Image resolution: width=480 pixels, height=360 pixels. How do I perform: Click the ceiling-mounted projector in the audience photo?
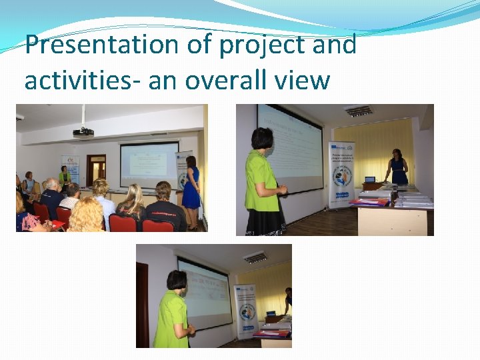pyautogui.click(x=83, y=131)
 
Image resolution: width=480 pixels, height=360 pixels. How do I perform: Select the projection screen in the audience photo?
pyautogui.click(x=149, y=163)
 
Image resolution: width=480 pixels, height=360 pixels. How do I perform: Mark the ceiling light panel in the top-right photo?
pyautogui.click(x=359, y=111)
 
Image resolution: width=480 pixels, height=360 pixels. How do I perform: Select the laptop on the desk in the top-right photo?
pyautogui.click(x=370, y=180)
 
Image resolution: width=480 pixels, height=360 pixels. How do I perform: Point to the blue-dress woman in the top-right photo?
pyautogui.click(x=398, y=168)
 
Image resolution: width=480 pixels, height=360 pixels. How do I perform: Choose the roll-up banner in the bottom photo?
pyautogui.click(x=245, y=311)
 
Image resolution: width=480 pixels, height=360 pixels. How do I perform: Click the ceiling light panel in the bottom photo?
pyautogui.click(x=255, y=257)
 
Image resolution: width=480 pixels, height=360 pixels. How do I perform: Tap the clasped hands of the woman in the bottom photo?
pyautogui.click(x=191, y=329)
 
